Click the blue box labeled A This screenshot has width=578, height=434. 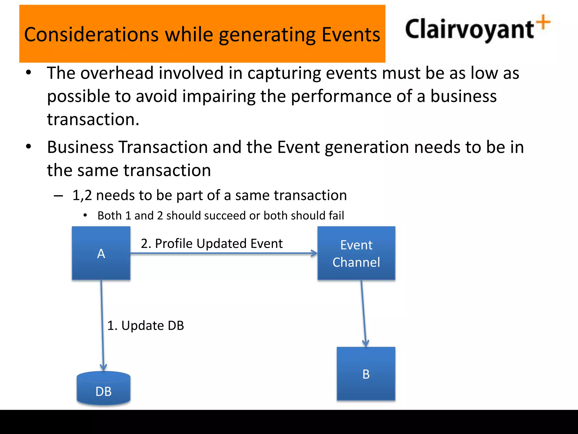[101, 253]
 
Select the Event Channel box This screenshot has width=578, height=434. [356, 253]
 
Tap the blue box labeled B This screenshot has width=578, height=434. [366, 374]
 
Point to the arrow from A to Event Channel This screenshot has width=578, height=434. [223, 253]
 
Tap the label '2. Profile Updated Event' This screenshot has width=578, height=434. [212, 243]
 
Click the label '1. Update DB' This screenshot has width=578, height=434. [146, 325]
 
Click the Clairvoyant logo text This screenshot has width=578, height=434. [469, 30]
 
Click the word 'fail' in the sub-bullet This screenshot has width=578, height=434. [336, 216]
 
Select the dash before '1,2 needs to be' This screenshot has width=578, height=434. [58, 196]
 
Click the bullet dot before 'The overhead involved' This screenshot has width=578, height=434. [29, 73]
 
